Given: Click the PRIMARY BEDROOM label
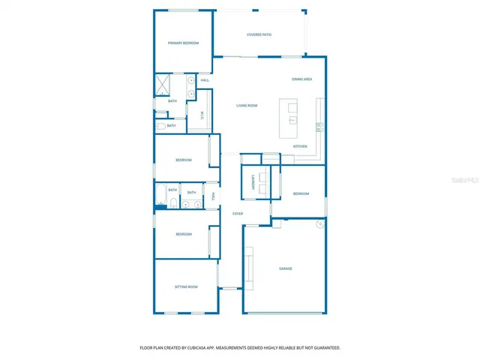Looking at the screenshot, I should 183,43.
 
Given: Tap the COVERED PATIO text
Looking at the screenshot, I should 259,34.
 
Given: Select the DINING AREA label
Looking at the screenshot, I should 302,79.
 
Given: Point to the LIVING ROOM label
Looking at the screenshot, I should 247,106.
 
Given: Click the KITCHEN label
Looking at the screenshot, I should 300,146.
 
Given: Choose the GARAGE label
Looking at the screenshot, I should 285,268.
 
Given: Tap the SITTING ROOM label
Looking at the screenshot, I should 186,287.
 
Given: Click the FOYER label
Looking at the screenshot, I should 238,214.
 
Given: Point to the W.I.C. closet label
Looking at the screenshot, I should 201,116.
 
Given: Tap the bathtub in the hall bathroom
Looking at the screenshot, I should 160,194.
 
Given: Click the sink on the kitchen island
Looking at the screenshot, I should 292,120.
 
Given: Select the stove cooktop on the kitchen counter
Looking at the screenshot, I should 319,127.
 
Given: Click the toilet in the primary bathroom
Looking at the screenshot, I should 160,126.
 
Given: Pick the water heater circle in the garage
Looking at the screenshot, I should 320,223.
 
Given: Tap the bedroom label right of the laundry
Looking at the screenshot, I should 301,194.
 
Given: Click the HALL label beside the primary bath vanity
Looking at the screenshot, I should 204,80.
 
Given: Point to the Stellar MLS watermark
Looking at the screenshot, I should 465,181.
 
